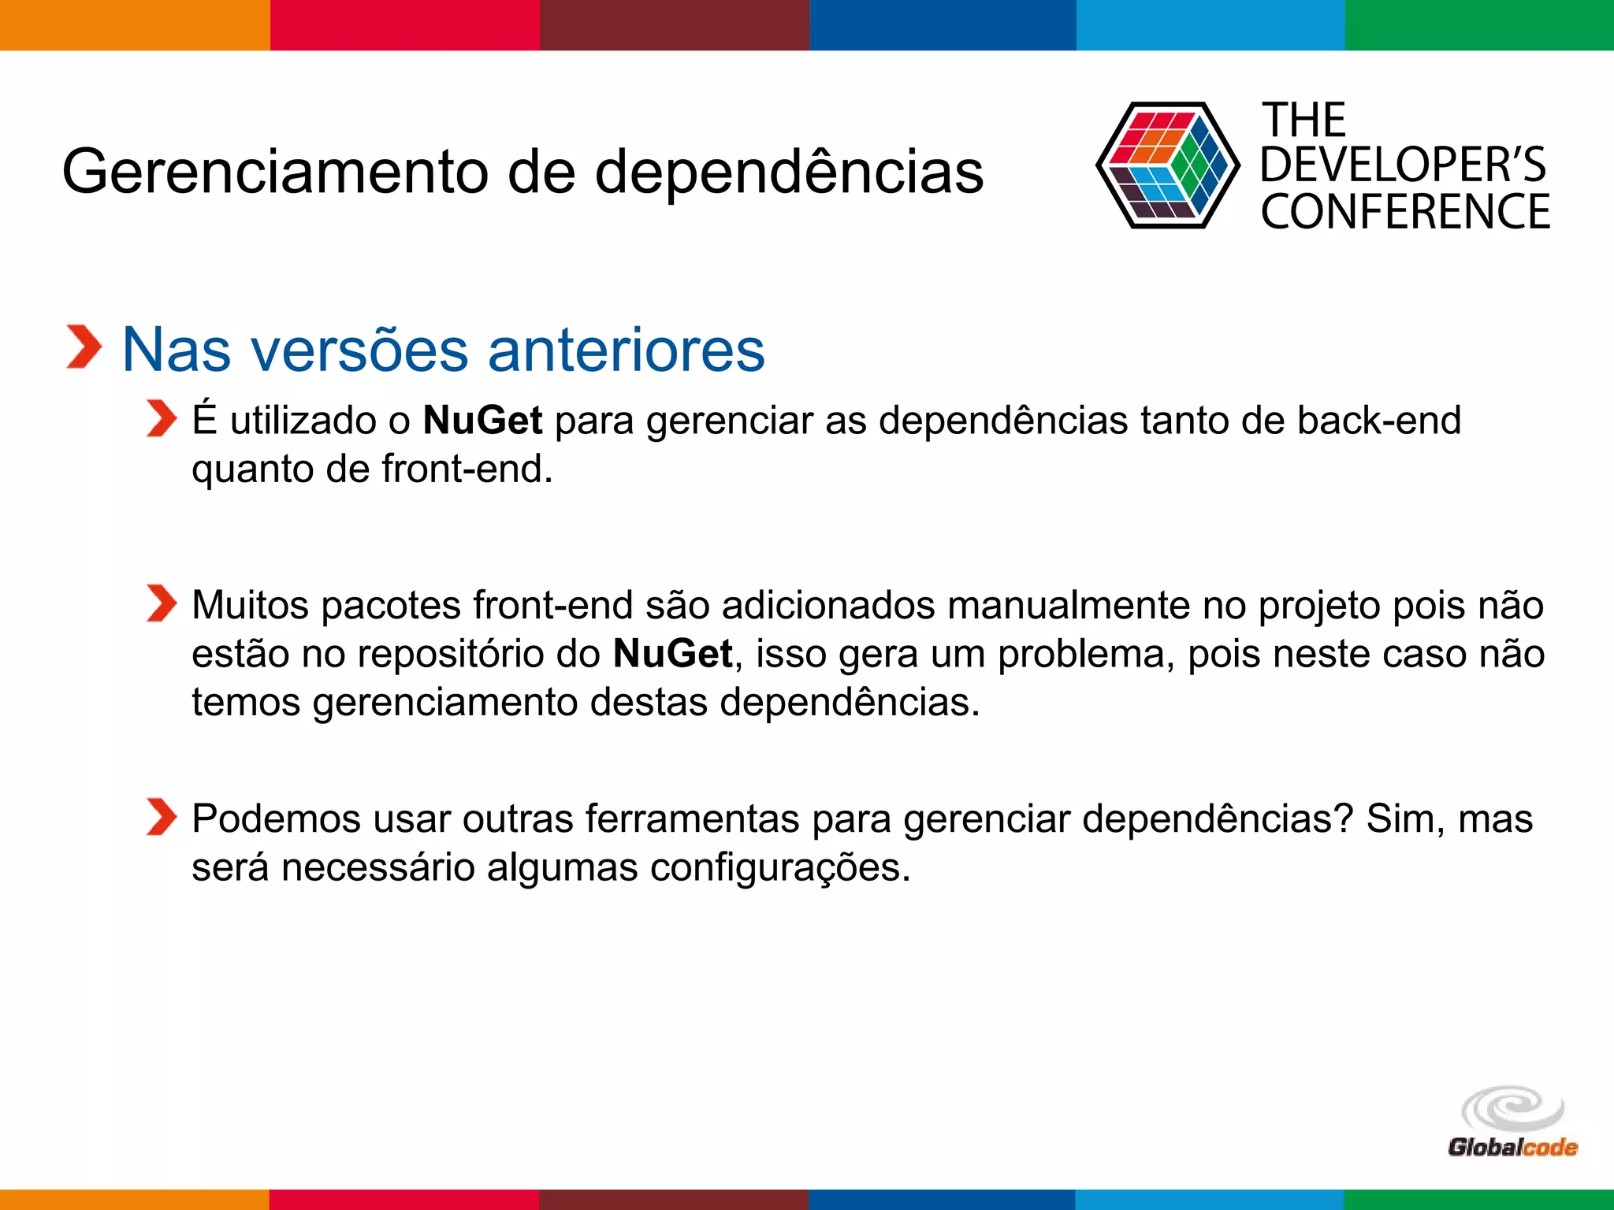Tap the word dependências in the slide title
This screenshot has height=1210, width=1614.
[x=789, y=172]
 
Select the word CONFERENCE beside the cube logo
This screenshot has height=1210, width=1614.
[x=1405, y=212]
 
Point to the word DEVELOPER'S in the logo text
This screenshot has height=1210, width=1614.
[x=1403, y=165]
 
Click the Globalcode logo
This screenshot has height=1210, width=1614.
[x=1512, y=1123]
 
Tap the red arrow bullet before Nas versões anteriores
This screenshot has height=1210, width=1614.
[x=84, y=347]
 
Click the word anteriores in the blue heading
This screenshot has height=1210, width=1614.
[x=627, y=350]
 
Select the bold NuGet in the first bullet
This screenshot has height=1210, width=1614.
[x=482, y=420]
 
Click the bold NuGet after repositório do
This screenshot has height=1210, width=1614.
[x=672, y=654]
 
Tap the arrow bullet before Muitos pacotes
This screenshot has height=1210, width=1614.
[x=162, y=603]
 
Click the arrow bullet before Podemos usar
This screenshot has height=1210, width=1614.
[x=162, y=816]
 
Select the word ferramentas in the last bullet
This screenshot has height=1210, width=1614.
[x=692, y=818]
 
